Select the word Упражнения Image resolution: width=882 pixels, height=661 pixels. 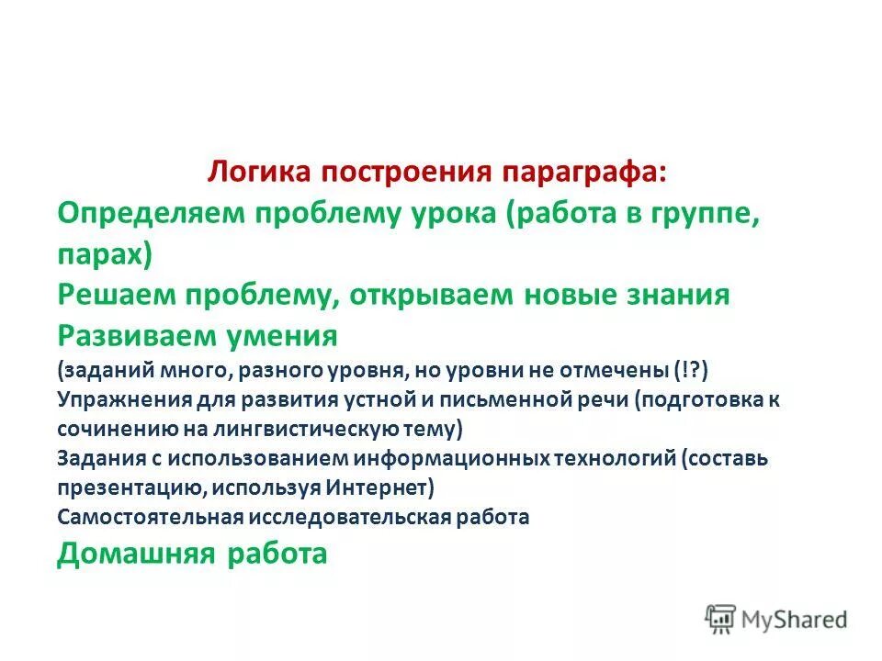pos(123,400)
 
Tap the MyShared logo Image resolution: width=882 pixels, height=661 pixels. pos(776,619)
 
